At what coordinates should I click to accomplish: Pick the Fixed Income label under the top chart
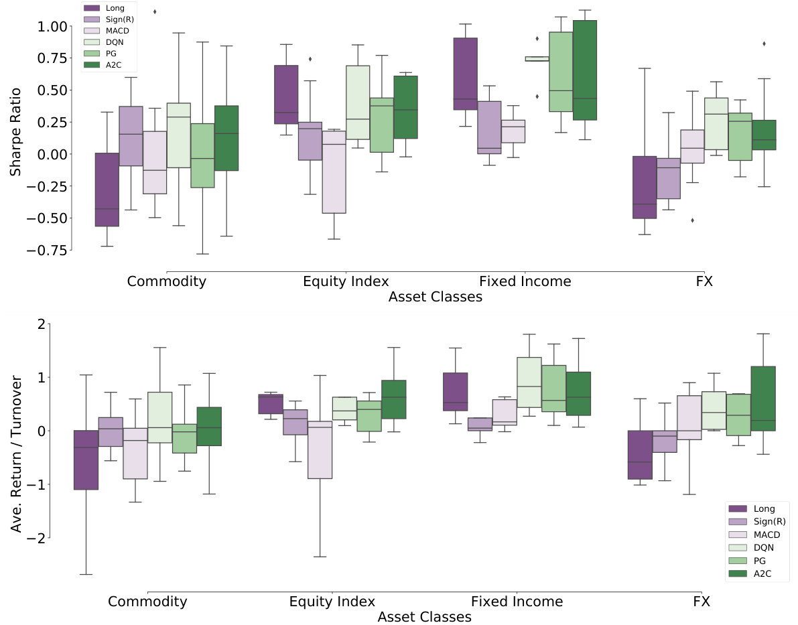[x=525, y=281]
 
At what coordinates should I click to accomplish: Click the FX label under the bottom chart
[x=702, y=602]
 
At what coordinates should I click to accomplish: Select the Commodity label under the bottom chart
[x=147, y=602]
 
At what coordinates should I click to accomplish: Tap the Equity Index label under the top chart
[x=346, y=281]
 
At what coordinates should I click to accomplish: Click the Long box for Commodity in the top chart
[x=107, y=190]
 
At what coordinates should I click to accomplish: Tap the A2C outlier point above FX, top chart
[x=764, y=44]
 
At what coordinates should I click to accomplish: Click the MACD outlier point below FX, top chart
[x=692, y=220]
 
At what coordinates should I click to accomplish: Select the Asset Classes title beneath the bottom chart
[x=424, y=617]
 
